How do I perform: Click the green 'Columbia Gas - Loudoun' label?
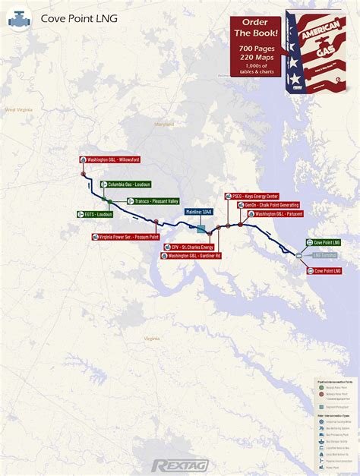click(129, 184)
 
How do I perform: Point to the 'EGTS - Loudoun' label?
click(94, 214)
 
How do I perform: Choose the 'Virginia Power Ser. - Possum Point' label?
click(125, 237)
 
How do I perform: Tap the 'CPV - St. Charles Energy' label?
click(189, 247)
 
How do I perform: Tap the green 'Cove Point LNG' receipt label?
click(324, 242)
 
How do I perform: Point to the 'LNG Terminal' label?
click(324, 256)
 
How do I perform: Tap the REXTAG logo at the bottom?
click(180, 465)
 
